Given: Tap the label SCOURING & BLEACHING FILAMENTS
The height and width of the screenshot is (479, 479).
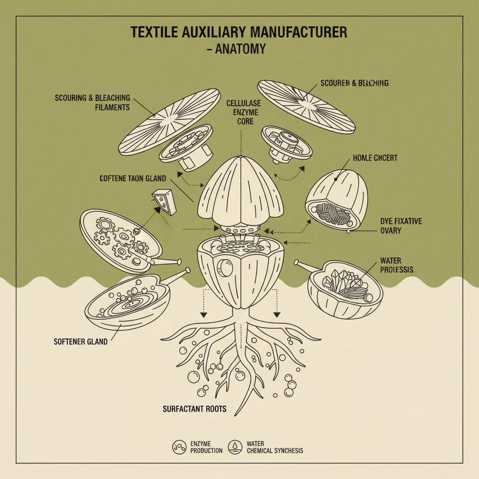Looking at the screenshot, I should point(92,102).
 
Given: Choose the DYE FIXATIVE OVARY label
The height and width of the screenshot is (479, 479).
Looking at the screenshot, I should point(401,225).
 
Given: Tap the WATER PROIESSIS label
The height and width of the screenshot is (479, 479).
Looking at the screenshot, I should point(397,265).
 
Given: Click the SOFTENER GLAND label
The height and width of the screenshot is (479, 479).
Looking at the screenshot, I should point(80,341).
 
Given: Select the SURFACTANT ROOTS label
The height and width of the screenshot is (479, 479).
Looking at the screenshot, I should point(195,409).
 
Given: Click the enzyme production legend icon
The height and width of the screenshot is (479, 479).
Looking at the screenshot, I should point(179,447).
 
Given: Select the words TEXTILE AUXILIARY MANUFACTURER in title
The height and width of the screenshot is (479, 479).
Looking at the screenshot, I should point(239,33).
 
